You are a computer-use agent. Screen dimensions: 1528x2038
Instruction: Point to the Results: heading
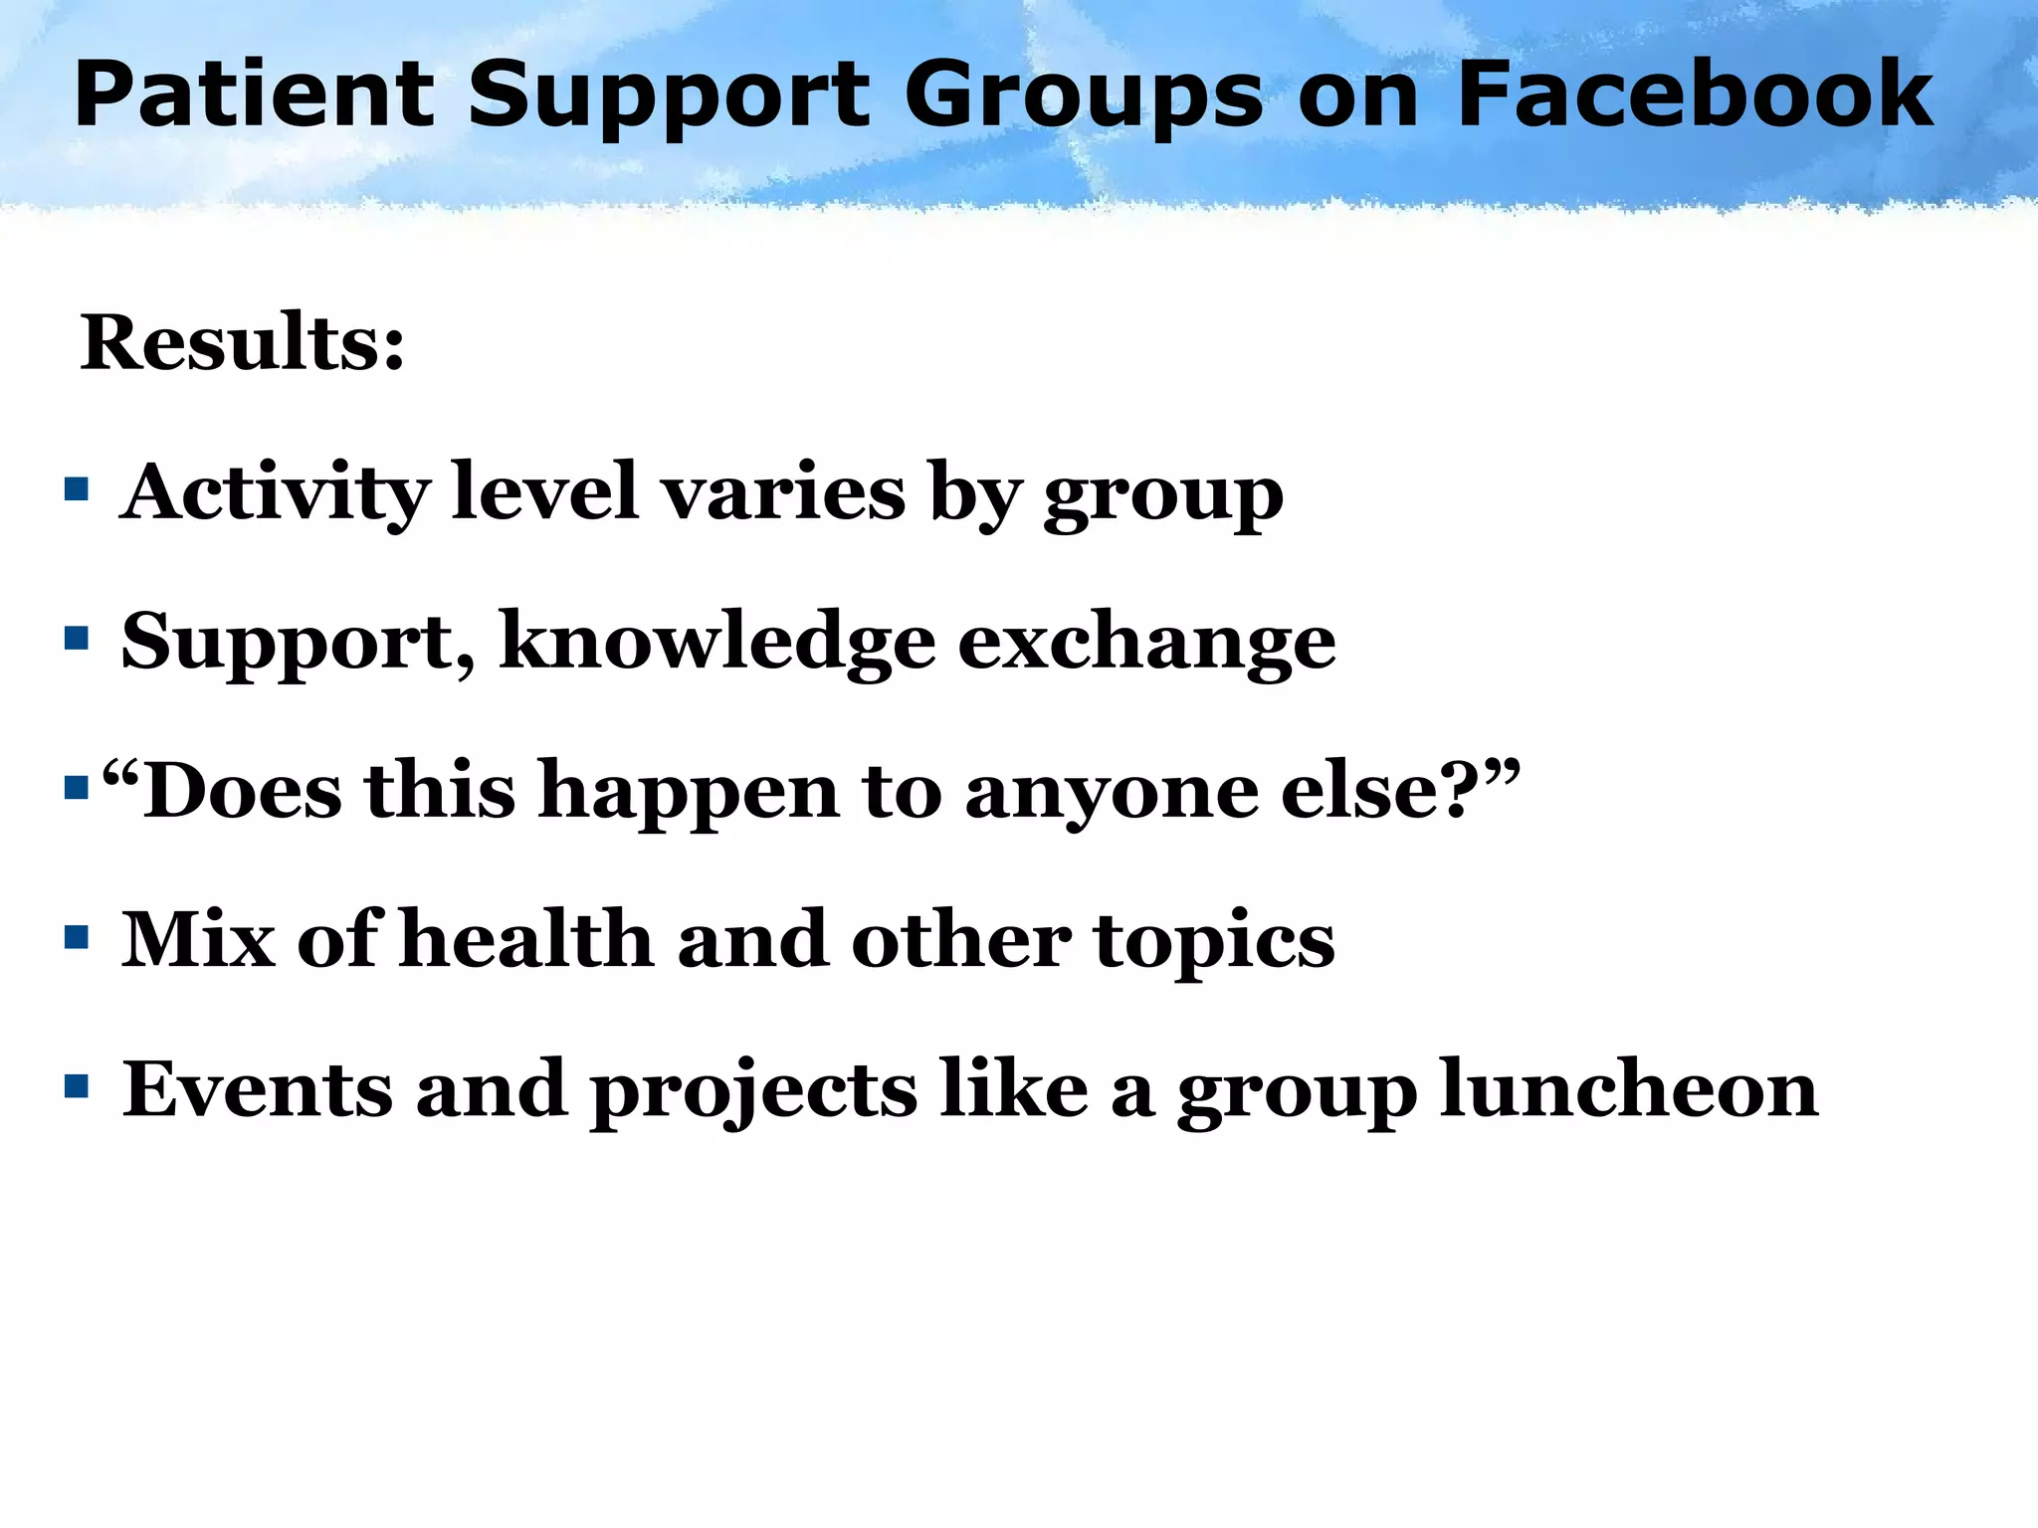point(243,342)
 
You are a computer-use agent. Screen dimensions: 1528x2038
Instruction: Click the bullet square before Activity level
point(77,489)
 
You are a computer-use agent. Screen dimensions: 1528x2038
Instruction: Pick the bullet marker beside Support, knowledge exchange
point(77,638)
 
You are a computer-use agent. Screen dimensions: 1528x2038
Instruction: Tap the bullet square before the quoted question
point(77,788)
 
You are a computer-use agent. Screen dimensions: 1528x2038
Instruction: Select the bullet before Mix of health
point(77,937)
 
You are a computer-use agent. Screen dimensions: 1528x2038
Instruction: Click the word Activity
point(275,493)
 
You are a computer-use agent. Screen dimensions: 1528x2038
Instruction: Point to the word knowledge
point(717,643)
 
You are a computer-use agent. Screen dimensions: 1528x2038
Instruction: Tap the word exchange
point(1146,643)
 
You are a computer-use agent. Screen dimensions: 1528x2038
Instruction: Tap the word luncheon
point(1629,1088)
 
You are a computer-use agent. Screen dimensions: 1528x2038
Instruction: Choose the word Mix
point(198,939)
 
